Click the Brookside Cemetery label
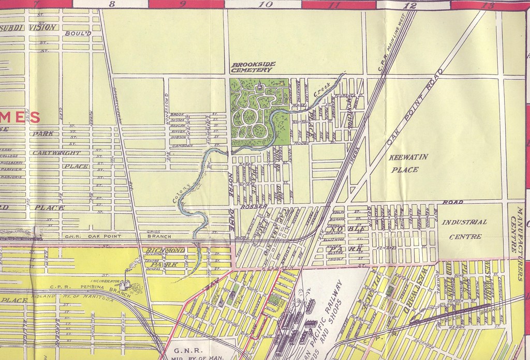pyautogui.click(x=253, y=67)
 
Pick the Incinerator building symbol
pyautogui.click(x=125, y=284)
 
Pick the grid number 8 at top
pyautogui.click(x=112, y=4)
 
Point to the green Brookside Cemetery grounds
pyautogui.click(x=259, y=111)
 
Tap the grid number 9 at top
pyautogui.click(x=183, y=4)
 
